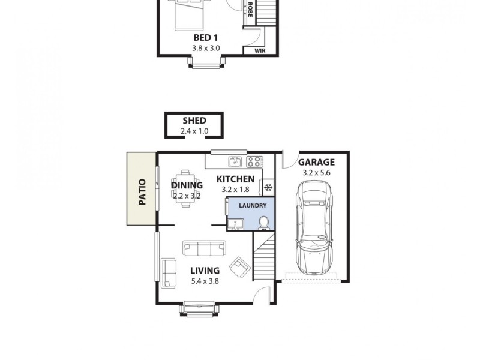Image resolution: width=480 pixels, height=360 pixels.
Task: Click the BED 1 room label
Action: (205, 38)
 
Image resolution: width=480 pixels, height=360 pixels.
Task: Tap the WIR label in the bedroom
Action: (260, 51)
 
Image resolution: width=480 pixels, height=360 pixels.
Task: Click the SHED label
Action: (194, 121)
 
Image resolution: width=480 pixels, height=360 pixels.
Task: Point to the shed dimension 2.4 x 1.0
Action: (194, 131)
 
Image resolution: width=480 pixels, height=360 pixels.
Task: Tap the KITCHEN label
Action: (235, 179)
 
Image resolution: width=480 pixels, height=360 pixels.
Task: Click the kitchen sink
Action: (235, 161)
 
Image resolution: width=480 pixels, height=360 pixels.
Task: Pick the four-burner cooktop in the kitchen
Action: (254, 161)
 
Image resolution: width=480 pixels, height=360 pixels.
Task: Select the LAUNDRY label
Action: (253, 205)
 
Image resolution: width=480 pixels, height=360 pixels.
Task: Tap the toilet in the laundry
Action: (263, 224)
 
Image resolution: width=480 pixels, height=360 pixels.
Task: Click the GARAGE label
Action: (316, 162)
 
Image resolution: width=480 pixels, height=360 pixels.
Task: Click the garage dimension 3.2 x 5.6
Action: (316, 173)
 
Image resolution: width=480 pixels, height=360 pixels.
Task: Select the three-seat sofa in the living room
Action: (205, 247)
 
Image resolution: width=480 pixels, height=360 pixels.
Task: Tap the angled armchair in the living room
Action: (241, 267)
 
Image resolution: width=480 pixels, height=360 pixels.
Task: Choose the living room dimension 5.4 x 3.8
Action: (205, 281)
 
